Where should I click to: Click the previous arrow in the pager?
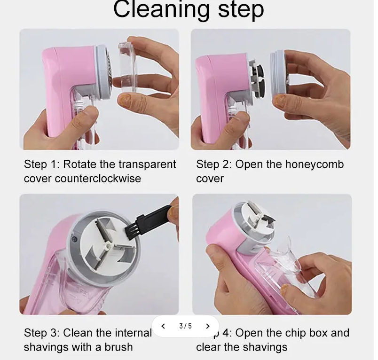coord(163,326)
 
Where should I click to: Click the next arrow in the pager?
coord(207,326)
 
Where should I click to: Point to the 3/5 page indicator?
coord(185,326)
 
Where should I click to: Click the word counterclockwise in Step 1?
coord(98,179)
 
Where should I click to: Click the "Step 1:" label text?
coord(41,164)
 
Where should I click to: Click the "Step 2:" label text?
coord(213,164)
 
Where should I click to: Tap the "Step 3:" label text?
coord(41,333)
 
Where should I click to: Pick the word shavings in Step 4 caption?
coord(265,347)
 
